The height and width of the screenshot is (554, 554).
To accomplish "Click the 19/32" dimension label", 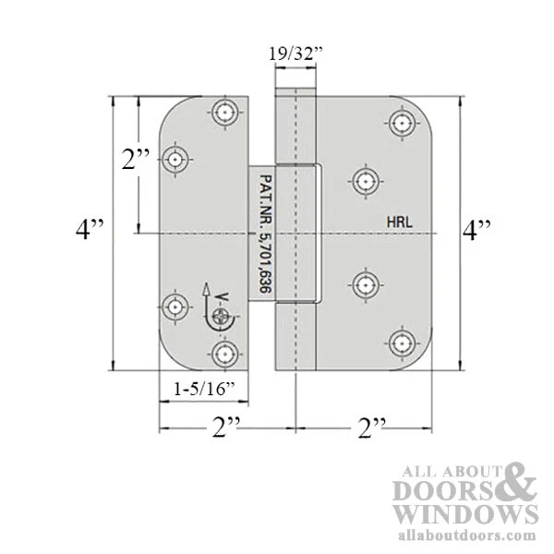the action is [296, 54].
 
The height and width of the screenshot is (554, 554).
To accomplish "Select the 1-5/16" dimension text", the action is [205, 390].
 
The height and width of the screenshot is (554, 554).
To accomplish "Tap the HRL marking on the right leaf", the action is [399, 223].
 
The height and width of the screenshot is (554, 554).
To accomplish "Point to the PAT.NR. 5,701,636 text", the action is [265, 234].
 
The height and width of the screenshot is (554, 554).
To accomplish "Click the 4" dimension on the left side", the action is [90, 229].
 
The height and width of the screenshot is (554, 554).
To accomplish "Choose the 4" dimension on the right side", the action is [476, 230].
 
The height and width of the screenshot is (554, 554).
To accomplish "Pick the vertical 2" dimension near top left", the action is [136, 159].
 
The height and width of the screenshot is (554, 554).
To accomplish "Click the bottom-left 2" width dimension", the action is [226, 428].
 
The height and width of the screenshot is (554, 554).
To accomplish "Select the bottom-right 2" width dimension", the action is [372, 428].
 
